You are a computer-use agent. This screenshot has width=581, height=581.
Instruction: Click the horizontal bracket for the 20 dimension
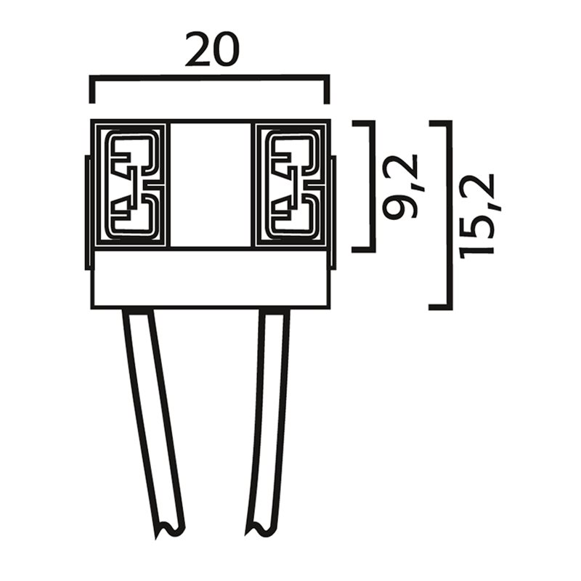[x=210, y=78]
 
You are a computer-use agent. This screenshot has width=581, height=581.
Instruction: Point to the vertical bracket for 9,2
[x=373, y=186]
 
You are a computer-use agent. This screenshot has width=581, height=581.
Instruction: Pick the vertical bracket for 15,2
[x=450, y=215]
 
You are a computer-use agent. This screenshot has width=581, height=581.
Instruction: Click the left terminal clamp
[x=131, y=184]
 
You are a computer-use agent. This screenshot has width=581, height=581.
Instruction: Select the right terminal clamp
[x=290, y=184]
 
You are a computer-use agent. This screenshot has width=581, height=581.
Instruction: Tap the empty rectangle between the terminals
[x=211, y=184]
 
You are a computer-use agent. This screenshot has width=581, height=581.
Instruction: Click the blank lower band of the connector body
[x=211, y=279]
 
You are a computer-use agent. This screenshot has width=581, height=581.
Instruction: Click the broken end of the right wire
[x=259, y=528]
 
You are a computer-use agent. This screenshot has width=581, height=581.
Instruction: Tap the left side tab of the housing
[x=87, y=213]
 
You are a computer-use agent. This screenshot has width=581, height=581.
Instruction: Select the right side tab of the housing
[x=333, y=213]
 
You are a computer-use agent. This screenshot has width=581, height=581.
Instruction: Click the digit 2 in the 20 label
[x=198, y=50]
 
